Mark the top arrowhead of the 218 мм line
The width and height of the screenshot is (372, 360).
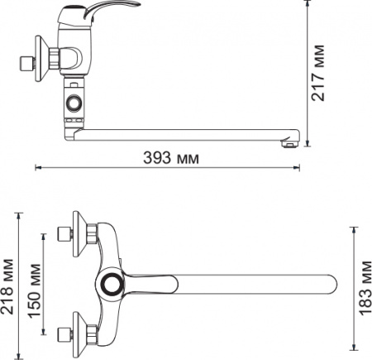click(21, 214)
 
